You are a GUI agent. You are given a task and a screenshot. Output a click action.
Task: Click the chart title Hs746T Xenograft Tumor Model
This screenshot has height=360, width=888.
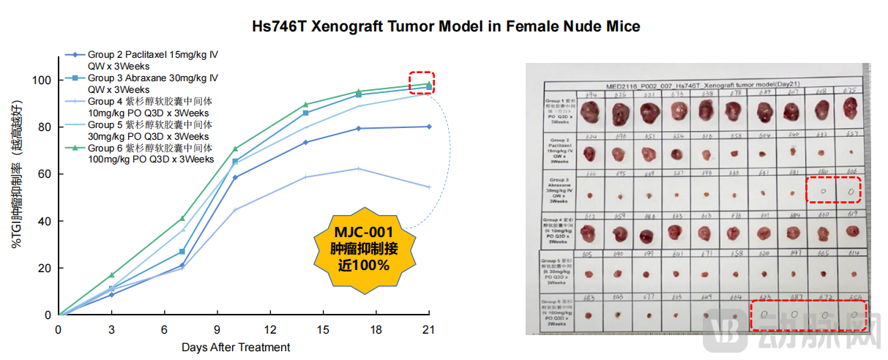coord(446,27)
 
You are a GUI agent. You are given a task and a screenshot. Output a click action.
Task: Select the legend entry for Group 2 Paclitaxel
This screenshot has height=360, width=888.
coord(152,54)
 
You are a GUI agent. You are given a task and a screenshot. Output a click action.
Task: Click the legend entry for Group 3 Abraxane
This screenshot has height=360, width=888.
coord(152,78)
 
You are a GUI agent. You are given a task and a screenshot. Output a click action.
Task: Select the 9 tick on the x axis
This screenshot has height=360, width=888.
coord(217,330)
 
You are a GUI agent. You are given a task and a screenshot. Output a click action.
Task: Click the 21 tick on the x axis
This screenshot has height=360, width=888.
coord(429,330)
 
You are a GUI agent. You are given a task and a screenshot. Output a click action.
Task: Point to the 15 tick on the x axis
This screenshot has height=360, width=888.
coord(323,330)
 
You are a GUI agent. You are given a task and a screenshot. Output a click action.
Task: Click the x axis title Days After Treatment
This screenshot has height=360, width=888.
coord(236,347)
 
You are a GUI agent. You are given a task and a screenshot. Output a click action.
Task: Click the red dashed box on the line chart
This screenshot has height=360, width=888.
coord(422,82)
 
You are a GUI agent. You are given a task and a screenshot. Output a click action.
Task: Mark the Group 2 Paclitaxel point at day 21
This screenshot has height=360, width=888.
coord(429,127)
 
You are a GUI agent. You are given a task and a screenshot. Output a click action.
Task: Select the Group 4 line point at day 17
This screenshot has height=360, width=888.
coord(358,168)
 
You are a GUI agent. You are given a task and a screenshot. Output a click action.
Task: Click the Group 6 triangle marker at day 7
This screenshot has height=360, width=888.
coord(182,218)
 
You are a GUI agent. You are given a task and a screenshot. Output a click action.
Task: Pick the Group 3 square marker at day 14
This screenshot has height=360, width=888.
coord(305,113)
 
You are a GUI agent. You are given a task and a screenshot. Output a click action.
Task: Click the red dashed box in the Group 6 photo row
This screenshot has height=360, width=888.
coord(809,315)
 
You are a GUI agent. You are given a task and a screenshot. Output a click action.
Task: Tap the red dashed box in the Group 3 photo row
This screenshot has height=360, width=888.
coord(833,190)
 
